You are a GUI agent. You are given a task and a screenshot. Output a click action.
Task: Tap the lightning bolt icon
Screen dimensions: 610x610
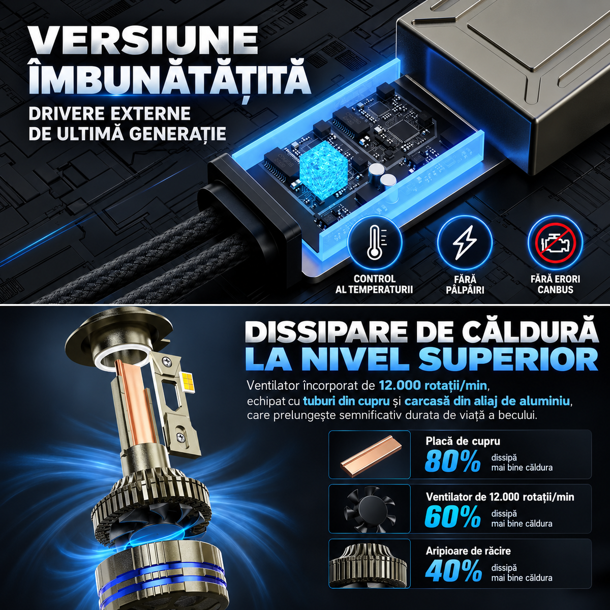click(x=465, y=241)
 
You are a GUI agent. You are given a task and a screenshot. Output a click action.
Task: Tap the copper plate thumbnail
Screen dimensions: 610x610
click(x=370, y=454)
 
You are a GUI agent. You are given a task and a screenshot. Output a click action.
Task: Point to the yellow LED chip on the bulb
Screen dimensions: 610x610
click(x=187, y=377)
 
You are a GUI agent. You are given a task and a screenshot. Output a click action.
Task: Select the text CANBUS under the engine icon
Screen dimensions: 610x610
click(x=555, y=290)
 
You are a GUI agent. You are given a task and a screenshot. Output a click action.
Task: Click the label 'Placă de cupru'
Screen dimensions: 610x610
click(x=463, y=441)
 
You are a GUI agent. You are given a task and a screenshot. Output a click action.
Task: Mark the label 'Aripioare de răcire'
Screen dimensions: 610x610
click(x=468, y=551)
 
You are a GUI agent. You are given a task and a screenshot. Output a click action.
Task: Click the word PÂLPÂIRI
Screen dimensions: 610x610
click(x=465, y=290)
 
